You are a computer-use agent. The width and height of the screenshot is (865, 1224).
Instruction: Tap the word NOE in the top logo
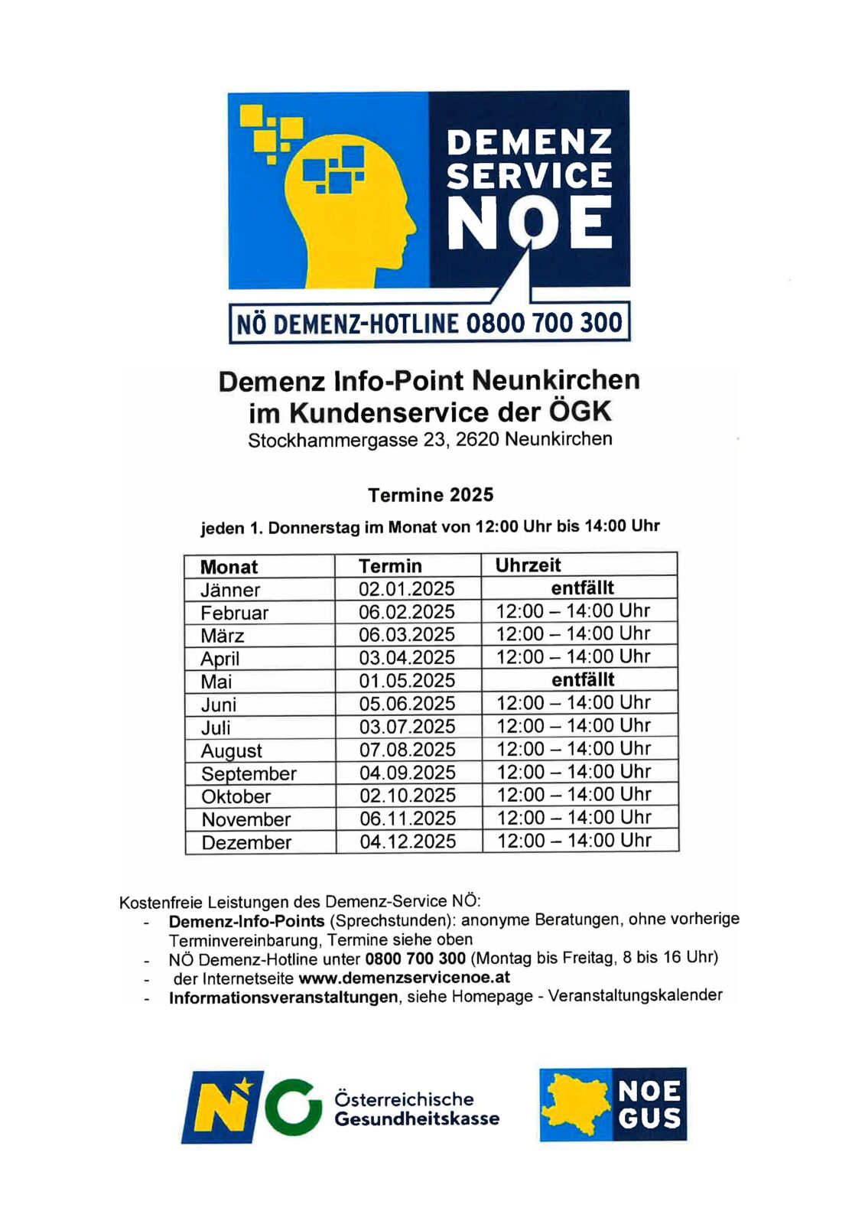[529, 223]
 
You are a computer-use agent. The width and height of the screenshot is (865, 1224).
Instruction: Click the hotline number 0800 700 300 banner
[430, 324]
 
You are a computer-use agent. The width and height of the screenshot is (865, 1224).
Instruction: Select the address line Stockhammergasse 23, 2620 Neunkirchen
[430, 440]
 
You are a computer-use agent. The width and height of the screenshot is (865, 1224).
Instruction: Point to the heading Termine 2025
[431, 495]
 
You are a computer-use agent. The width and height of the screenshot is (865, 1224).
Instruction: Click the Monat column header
[229, 567]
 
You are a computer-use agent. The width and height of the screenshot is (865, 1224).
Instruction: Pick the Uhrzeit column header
[528, 565]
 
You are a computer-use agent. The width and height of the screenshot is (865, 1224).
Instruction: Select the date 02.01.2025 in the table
[407, 589]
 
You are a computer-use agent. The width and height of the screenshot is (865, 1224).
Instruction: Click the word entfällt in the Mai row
[583, 679]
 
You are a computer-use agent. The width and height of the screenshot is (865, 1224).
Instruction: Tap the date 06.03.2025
[407, 635]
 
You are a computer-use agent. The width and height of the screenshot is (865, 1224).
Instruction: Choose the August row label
[232, 750]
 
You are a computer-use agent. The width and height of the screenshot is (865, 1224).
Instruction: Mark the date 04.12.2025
[408, 841]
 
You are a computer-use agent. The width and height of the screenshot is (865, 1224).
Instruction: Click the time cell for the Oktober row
[574, 795]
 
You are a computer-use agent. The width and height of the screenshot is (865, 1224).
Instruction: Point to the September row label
[249, 773]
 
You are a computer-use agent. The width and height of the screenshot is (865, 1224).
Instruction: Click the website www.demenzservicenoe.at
[404, 978]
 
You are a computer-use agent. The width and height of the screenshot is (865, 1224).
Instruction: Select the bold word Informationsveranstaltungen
[283, 998]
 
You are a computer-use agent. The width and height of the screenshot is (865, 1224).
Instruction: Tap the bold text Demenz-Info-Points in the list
[246, 921]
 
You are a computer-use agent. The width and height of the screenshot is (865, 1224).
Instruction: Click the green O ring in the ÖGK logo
[293, 1106]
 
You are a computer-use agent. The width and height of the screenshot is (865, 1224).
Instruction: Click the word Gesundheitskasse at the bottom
[417, 1118]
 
